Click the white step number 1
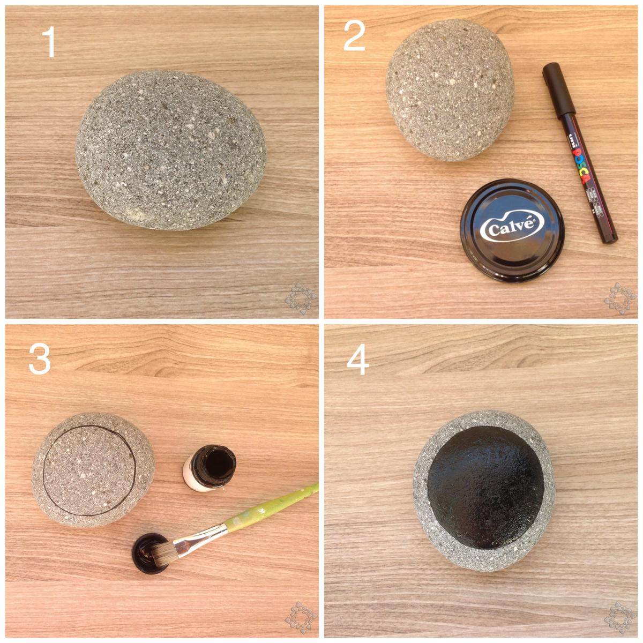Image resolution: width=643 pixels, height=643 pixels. (49, 43)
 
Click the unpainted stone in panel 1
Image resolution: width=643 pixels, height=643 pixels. (170, 150)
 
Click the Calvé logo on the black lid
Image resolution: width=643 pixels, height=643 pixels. (512, 228)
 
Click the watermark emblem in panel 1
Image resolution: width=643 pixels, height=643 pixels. (301, 298)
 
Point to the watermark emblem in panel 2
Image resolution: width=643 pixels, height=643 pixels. (620, 298)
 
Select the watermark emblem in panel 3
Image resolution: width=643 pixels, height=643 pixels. (301, 617)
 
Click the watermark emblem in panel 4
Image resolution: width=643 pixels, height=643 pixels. (620, 617)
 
